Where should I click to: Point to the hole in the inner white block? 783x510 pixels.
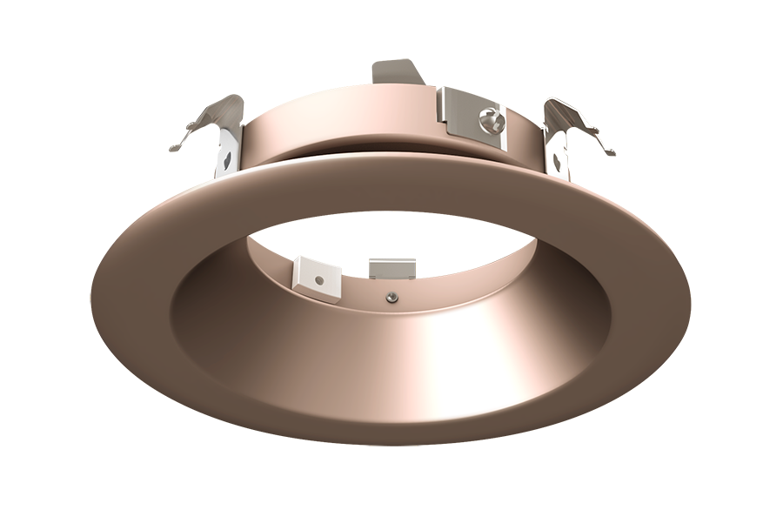(x=320, y=280)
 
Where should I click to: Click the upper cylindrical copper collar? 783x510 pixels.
(x=348, y=131)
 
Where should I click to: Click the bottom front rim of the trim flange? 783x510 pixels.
(x=391, y=435)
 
